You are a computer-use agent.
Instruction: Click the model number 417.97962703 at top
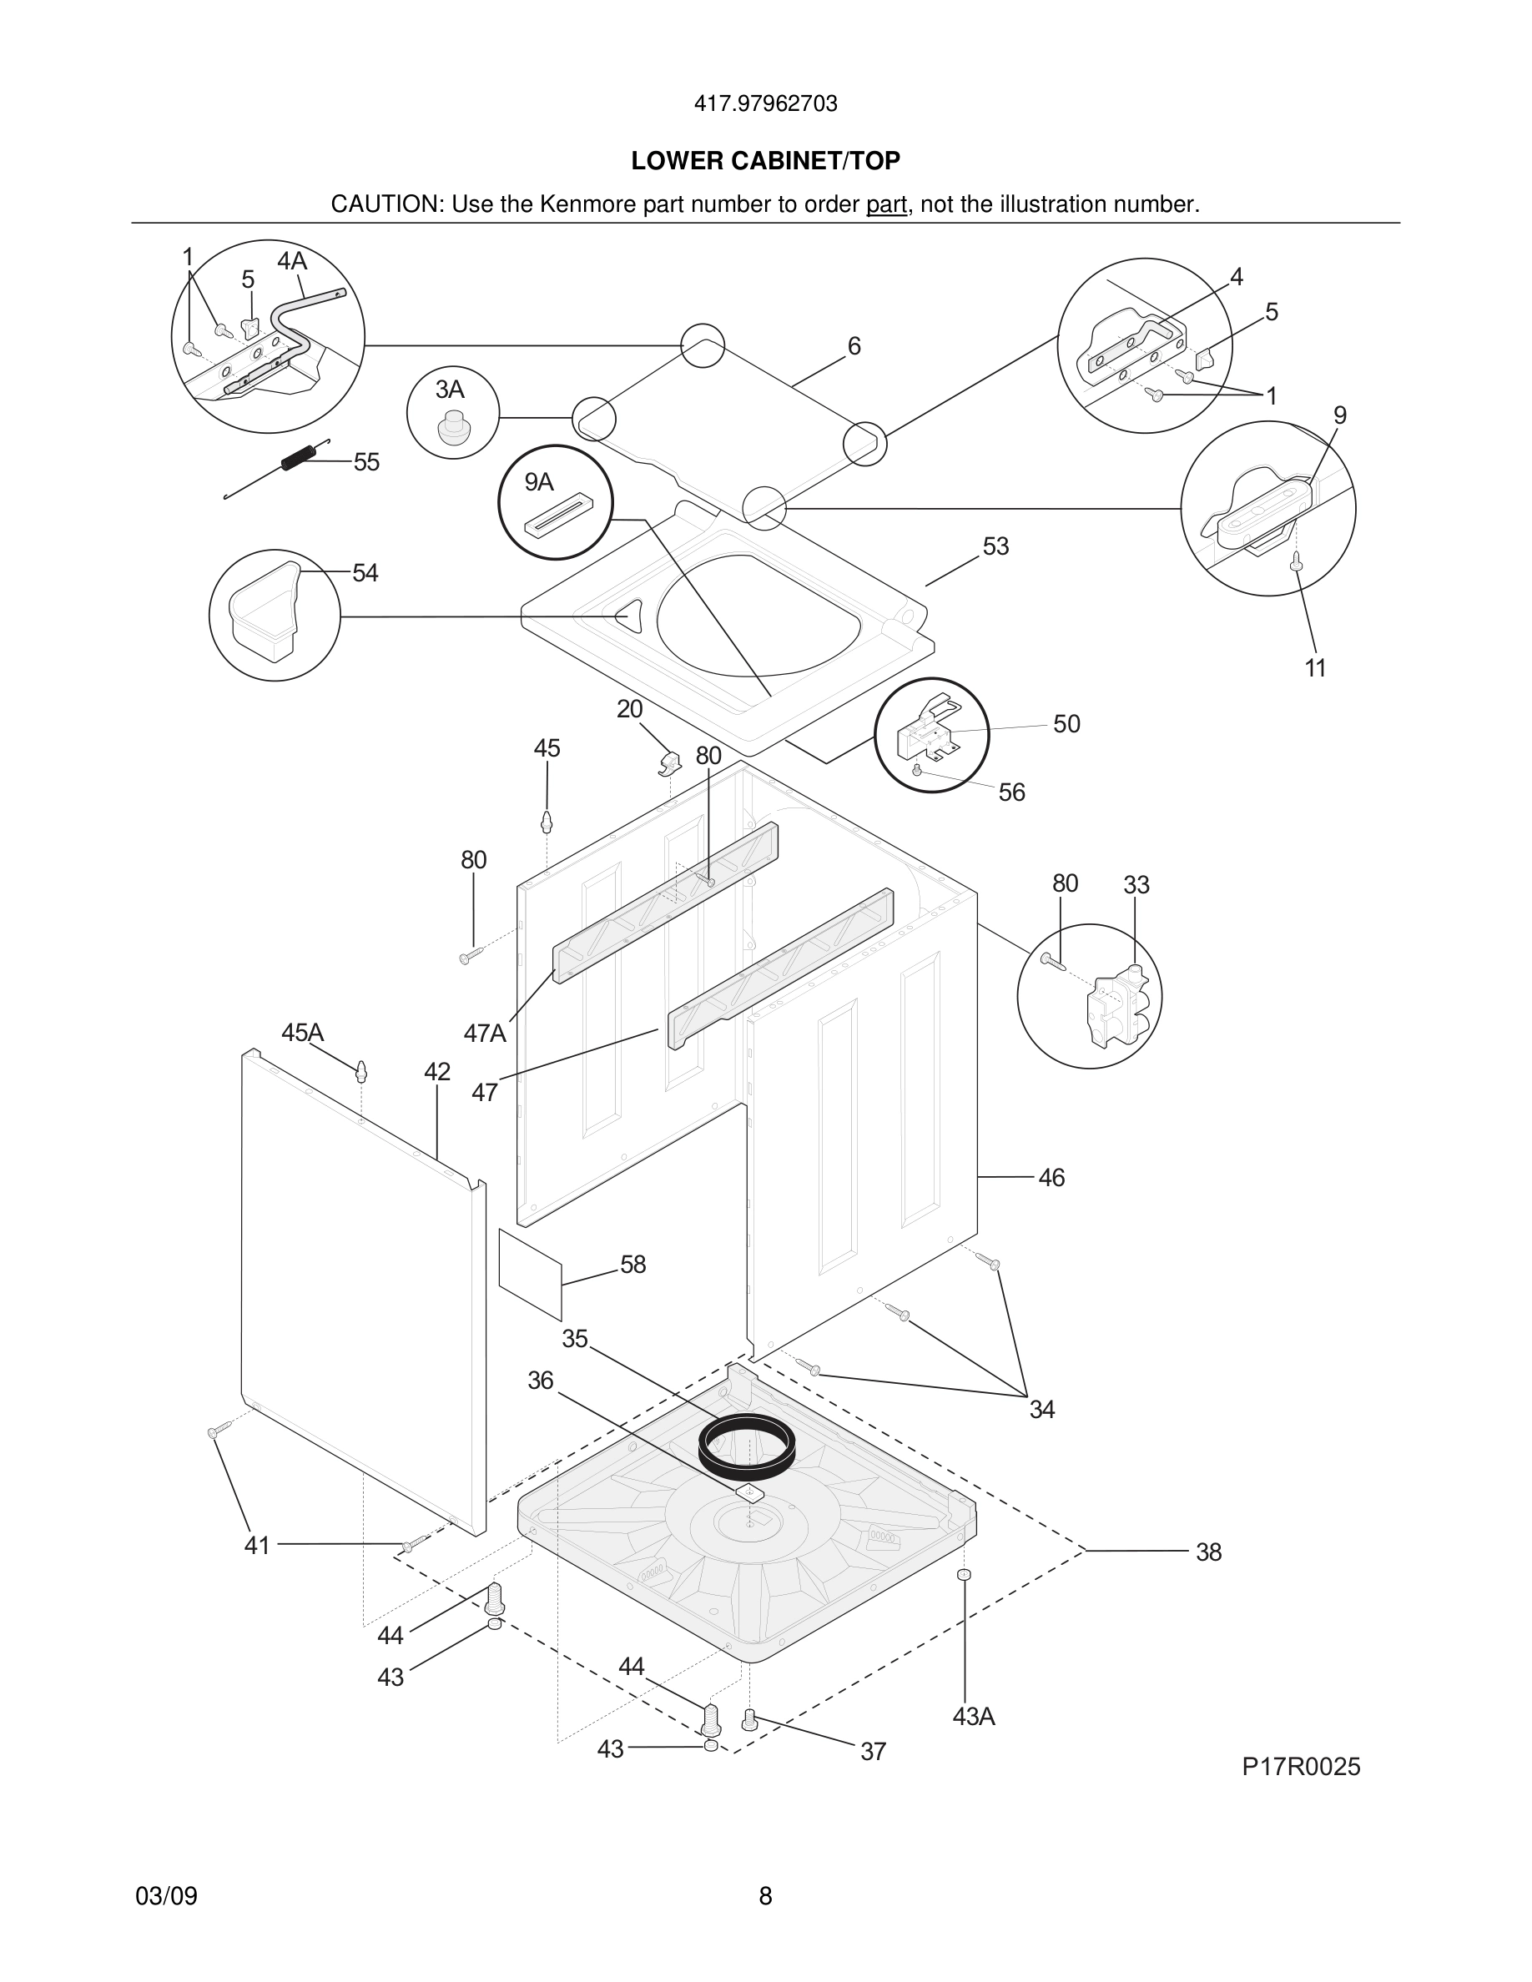(765, 104)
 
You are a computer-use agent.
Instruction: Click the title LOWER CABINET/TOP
(765, 161)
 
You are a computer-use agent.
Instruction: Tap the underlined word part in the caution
(886, 205)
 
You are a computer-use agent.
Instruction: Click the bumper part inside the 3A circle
(453, 427)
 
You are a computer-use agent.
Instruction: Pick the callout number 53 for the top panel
(995, 546)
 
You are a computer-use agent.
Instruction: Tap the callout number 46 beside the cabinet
(1051, 1178)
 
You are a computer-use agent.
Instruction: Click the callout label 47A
(485, 1033)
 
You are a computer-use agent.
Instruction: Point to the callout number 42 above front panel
(437, 1072)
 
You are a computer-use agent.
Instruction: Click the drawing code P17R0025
(1301, 1767)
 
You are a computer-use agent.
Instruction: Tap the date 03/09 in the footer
(166, 1897)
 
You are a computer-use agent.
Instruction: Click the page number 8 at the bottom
(765, 1897)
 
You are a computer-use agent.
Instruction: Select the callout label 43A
(974, 1717)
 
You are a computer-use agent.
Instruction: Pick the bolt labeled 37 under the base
(748, 1719)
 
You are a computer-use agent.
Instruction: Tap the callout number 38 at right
(1208, 1552)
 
